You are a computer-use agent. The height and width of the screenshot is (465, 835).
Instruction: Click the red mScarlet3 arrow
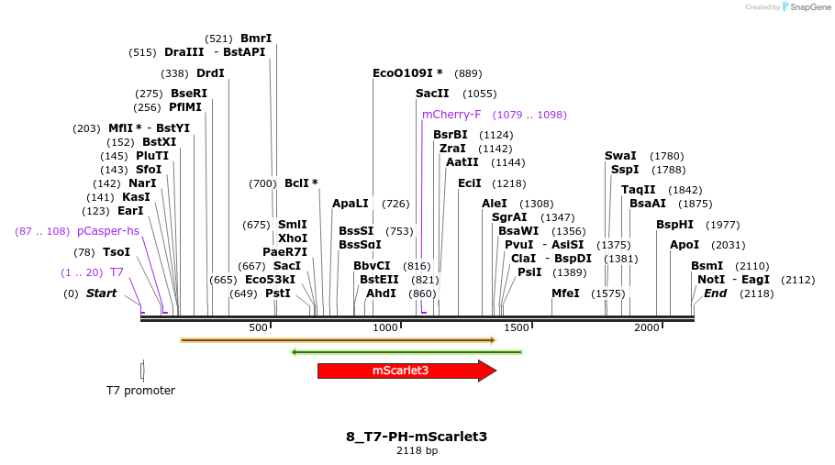click(x=400, y=371)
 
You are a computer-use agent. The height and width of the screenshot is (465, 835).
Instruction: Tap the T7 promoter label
click(x=140, y=391)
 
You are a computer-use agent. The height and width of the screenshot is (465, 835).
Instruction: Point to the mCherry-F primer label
click(x=451, y=115)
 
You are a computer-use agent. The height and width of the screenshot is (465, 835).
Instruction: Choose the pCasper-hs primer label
click(x=108, y=231)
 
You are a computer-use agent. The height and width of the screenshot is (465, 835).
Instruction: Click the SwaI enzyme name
click(x=620, y=156)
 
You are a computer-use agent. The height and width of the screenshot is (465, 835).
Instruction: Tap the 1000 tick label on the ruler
click(x=385, y=327)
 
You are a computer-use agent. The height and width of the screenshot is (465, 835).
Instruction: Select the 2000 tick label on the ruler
click(x=647, y=327)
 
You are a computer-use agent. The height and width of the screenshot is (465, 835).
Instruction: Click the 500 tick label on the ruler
click(x=258, y=327)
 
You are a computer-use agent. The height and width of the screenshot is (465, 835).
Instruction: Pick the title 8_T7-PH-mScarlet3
click(x=417, y=437)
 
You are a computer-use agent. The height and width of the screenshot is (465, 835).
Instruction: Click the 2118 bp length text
click(x=417, y=450)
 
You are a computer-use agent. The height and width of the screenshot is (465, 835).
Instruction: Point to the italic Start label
click(x=102, y=293)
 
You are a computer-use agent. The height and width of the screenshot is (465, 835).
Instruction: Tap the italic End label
click(x=715, y=293)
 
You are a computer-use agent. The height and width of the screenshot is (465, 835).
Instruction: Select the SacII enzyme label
click(x=432, y=94)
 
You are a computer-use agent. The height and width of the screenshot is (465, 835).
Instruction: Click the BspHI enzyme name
click(x=674, y=225)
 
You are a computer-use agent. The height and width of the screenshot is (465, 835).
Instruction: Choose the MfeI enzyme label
click(x=565, y=293)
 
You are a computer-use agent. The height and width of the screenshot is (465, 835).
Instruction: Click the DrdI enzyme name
click(x=210, y=73)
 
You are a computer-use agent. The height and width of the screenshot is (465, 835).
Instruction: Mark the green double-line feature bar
click(x=406, y=352)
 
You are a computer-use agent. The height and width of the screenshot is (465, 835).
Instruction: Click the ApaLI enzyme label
click(x=351, y=204)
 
